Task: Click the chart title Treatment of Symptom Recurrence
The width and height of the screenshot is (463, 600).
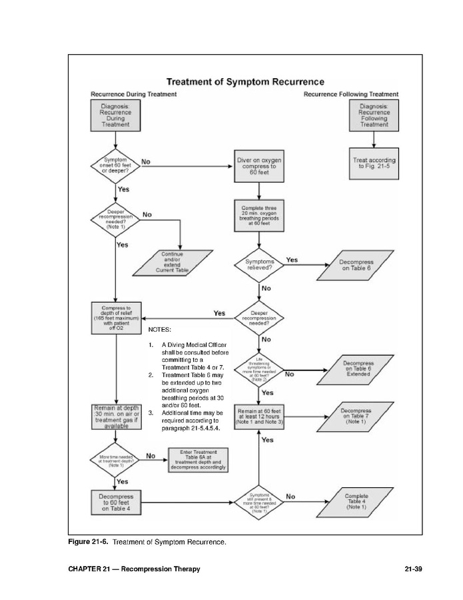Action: click(x=245, y=82)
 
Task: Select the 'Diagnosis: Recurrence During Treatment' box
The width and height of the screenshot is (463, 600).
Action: click(x=116, y=115)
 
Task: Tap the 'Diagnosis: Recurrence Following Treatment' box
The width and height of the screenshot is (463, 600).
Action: click(x=374, y=115)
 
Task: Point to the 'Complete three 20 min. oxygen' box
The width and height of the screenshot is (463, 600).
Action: click(x=259, y=216)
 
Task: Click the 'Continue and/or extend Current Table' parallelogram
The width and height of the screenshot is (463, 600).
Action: click(x=173, y=262)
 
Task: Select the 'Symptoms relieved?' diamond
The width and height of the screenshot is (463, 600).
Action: click(x=259, y=264)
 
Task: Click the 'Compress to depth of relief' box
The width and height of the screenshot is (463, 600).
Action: click(x=116, y=318)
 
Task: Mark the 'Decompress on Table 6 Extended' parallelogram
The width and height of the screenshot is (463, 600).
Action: click(x=356, y=369)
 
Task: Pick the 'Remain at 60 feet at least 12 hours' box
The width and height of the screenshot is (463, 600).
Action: click(x=259, y=416)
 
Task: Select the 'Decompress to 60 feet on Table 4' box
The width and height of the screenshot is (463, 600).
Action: click(x=116, y=503)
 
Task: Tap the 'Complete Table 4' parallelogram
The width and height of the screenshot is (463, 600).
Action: click(x=356, y=502)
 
